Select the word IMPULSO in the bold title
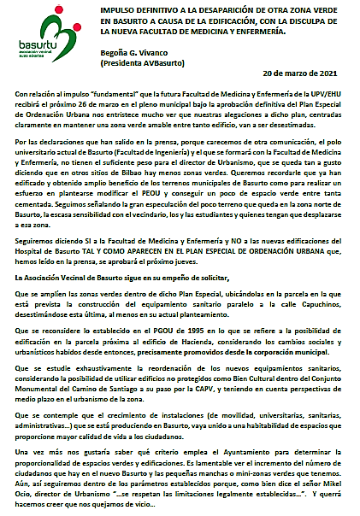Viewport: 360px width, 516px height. click(x=116, y=7)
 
